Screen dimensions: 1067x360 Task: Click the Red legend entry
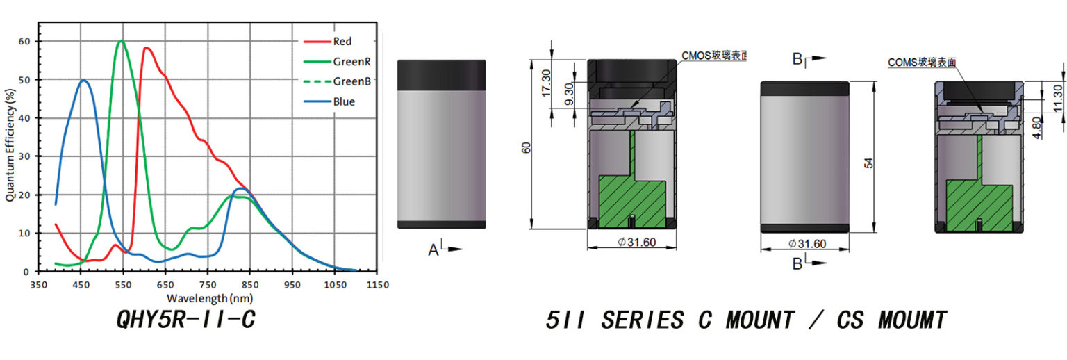[x=328, y=42]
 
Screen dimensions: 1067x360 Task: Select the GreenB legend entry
[x=337, y=81]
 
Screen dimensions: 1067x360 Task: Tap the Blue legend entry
[x=329, y=101]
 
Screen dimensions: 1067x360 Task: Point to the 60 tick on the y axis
[x=24, y=42]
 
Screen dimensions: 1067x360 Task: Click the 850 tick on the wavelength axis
[x=249, y=285]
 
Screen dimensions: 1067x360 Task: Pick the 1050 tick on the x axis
[x=335, y=285]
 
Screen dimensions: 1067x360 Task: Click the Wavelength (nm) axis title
[x=210, y=298]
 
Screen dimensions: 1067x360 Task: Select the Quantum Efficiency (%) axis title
[x=10, y=145]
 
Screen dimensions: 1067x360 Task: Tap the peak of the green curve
[x=122, y=41]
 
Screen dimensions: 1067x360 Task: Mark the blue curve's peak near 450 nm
[x=83, y=80]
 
